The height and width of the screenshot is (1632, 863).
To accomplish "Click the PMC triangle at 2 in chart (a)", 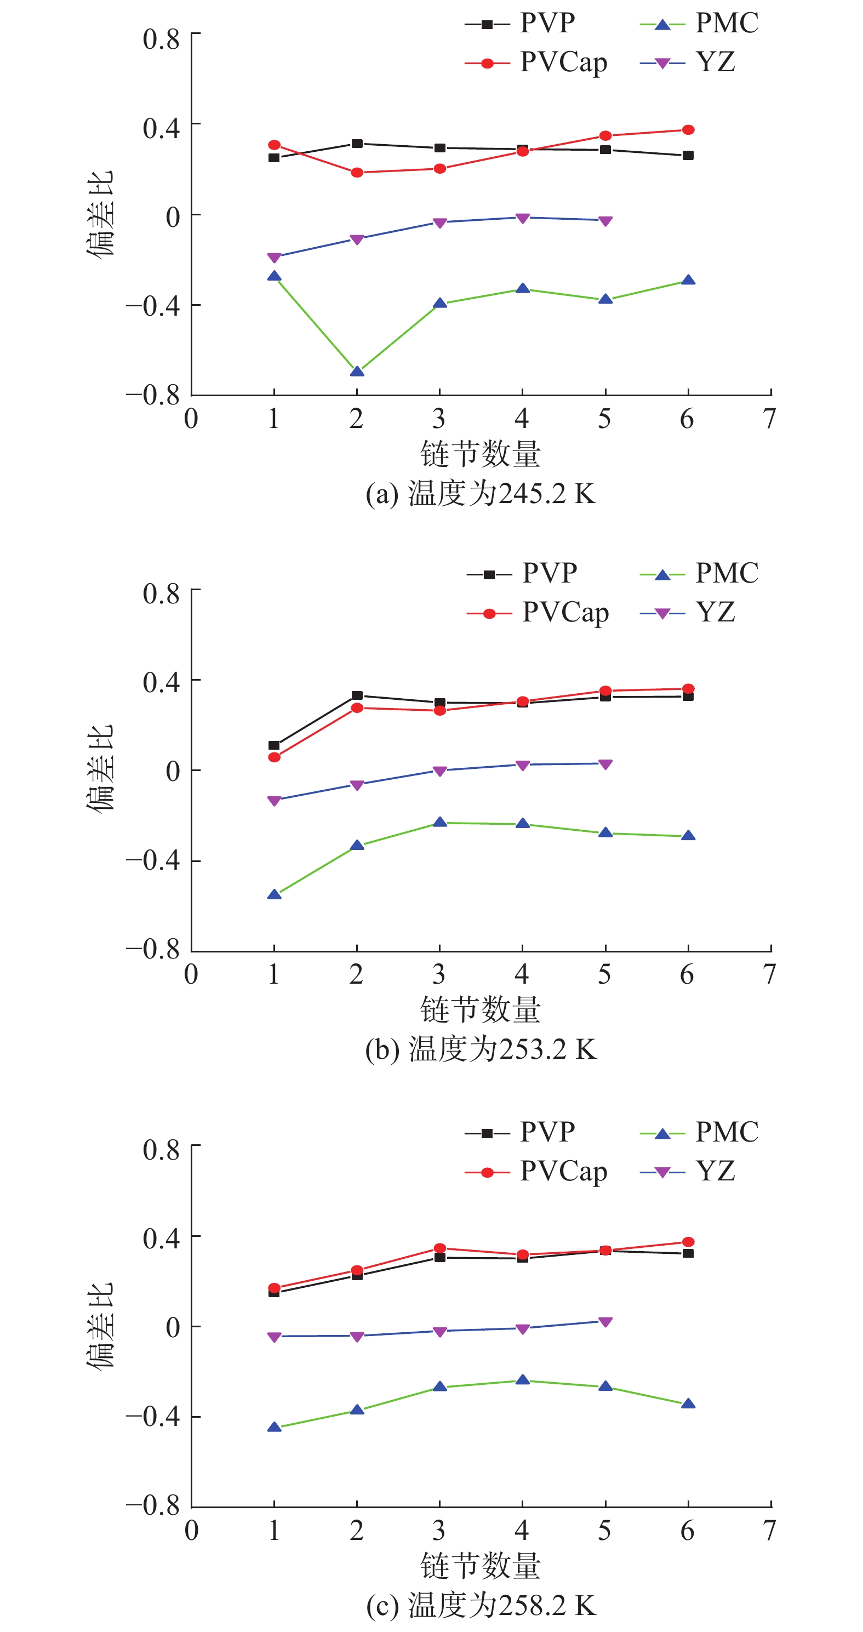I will coord(357,371).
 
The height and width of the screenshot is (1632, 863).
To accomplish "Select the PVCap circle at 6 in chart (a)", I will coord(688,130).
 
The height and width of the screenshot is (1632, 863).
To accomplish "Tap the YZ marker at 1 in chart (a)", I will coord(275,257).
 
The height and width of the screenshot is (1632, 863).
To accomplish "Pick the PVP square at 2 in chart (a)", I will coord(357,144).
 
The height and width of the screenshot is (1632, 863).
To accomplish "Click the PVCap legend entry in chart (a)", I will coord(536,62).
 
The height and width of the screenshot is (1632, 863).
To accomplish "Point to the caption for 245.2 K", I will coord(481,494).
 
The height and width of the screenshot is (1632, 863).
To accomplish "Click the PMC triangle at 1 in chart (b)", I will coord(275,894).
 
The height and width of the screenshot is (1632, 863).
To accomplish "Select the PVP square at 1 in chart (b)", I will coord(275,745).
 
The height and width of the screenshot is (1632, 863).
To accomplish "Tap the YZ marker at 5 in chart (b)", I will coord(605,764).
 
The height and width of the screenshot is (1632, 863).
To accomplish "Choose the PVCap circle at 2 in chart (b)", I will coord(357,707).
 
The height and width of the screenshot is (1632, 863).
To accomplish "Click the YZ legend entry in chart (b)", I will coord(688,613).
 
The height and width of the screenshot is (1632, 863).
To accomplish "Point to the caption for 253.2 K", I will coord(481,1049).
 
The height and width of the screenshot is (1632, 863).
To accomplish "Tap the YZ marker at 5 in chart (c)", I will coord(605,1322).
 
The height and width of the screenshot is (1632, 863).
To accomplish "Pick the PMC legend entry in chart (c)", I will coord(699,1132).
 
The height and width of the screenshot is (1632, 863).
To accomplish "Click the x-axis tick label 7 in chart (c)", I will coord(770,1531).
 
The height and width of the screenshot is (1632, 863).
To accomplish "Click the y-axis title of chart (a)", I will coord(100,214).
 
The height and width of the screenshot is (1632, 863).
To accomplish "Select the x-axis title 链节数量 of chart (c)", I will coord(481,1566).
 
